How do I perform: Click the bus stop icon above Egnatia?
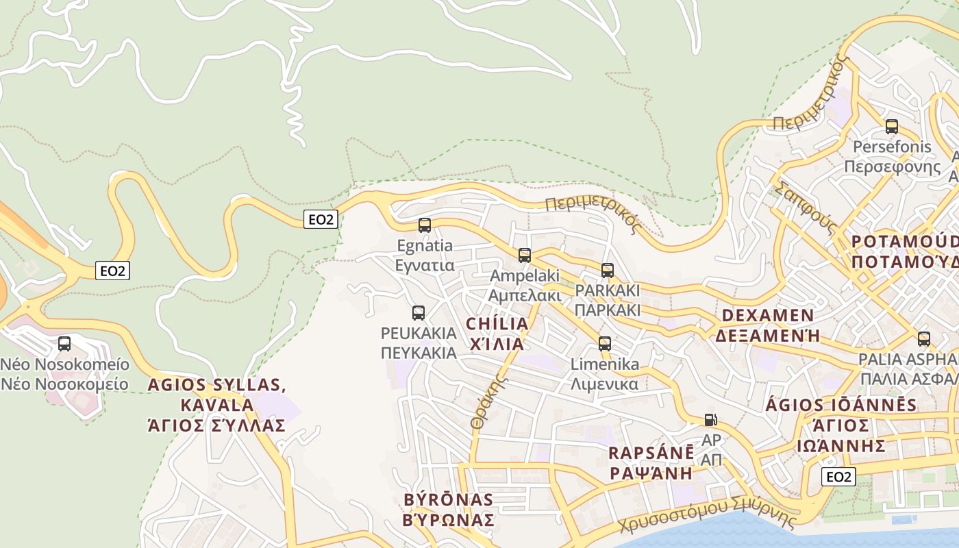425,225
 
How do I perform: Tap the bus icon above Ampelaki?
525,256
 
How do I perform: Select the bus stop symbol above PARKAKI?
608,271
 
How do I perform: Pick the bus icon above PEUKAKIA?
419,313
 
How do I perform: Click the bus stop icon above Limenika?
605,344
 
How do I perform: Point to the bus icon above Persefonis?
892,127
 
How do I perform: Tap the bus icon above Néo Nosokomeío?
64,344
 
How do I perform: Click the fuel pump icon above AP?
711,420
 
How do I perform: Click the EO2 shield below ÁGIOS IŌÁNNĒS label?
838,477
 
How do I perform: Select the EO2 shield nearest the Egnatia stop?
321,219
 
